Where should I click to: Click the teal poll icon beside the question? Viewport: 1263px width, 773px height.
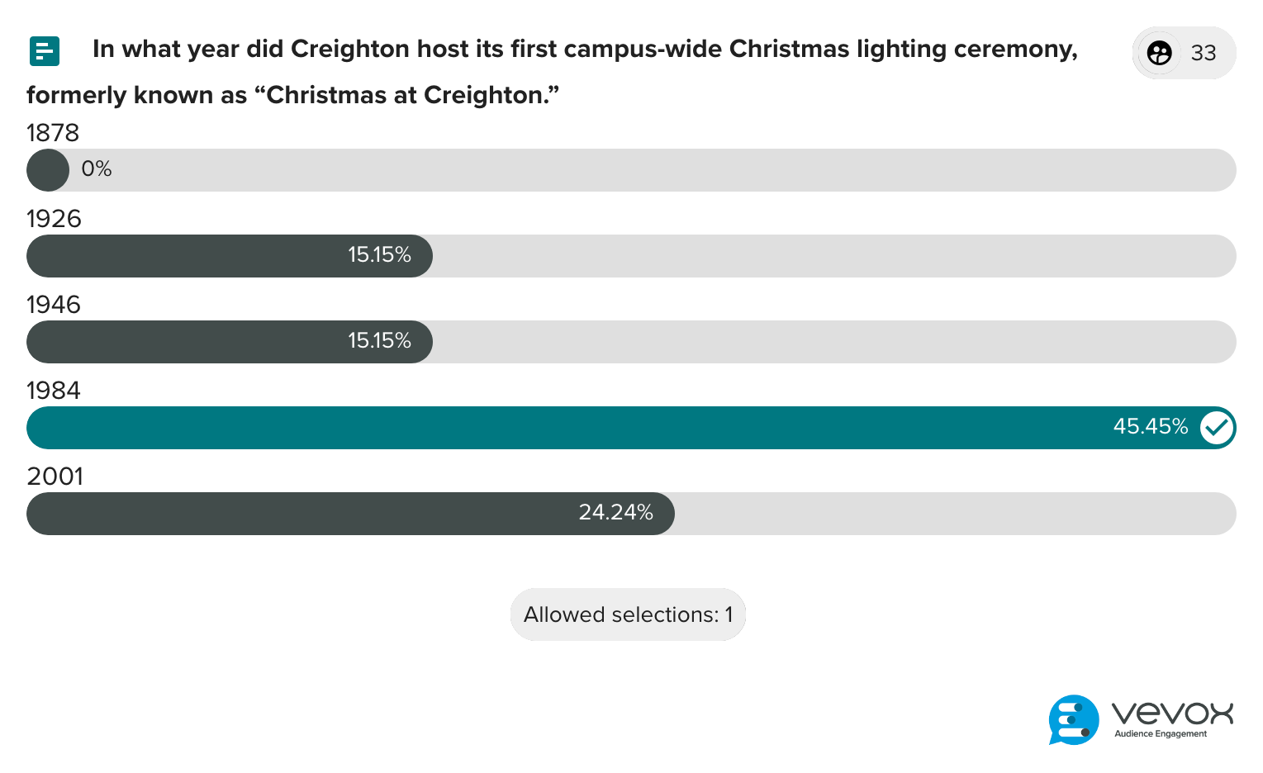tap(44, 51)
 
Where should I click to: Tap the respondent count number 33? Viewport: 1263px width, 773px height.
tap(1204, 53)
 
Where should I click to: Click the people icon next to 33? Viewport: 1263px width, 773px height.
tap(1159, 53)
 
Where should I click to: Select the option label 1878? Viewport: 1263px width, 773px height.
tap(53, 133)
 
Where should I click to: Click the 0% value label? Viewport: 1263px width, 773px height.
tap(96, 169)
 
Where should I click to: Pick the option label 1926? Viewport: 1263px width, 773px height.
tap(54, 219)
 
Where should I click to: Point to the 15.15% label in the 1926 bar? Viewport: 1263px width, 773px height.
tap(379, 255)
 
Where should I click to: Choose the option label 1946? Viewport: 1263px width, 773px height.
tap(54, 305)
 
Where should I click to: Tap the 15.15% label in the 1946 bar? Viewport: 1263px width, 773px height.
tap(379, 341)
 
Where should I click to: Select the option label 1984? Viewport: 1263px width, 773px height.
tap(54, 391)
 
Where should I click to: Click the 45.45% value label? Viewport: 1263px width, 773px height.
tap(1150, 427)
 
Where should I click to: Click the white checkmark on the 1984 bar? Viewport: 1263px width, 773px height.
tap(1217, 427)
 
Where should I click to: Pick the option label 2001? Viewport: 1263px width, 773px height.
tap(55, 477)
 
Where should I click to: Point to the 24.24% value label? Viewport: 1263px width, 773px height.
tap(615, 513)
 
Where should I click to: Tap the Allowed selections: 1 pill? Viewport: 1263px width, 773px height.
tap(628, 614)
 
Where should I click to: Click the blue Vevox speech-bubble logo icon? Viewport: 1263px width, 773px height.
tap(1074, 719)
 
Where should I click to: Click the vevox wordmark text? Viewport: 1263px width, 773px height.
tap(1172, 713)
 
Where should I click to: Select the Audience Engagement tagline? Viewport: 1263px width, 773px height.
tap(1161, 734)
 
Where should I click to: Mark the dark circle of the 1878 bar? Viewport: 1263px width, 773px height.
tap(48, 170)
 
